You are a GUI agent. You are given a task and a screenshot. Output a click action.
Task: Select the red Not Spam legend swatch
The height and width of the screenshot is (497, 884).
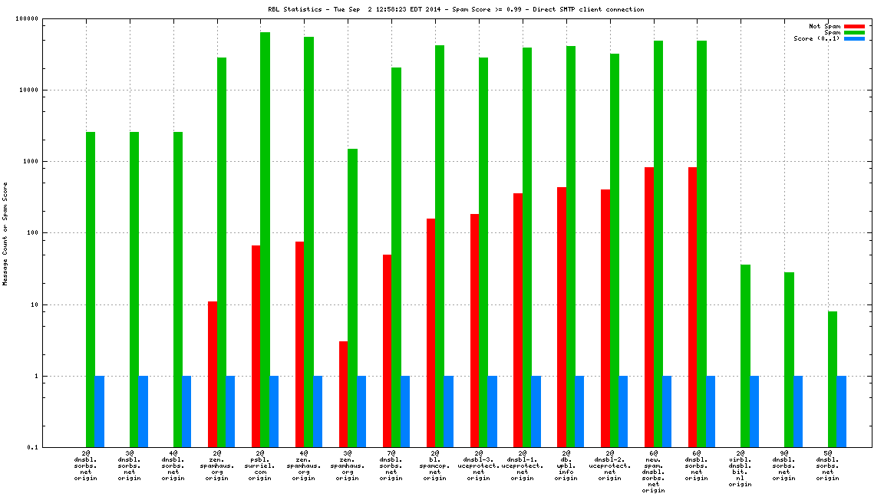click(x=855, y=26)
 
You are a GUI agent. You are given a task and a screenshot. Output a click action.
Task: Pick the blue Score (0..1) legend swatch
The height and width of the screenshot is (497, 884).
click(x=855, y=38)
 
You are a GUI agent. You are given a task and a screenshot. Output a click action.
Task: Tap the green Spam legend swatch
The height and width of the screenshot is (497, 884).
click(x=855, y=32)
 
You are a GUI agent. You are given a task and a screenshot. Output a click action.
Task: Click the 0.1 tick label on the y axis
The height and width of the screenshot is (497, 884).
click(x=54, y=448)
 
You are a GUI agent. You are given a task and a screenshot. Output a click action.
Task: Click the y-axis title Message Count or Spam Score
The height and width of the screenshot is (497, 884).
click(x=6, y=233)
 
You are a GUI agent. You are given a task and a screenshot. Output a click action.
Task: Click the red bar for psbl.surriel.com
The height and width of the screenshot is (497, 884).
click(x=256, y=346)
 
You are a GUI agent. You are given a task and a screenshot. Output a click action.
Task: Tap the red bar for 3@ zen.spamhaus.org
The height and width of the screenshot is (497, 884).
click(x=343, y=394)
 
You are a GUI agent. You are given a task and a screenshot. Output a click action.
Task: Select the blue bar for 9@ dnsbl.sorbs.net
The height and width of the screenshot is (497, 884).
click(x=798, y=411)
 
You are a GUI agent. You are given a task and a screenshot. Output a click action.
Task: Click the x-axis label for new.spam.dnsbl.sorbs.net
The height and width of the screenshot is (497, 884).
click(x=653, y=472)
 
